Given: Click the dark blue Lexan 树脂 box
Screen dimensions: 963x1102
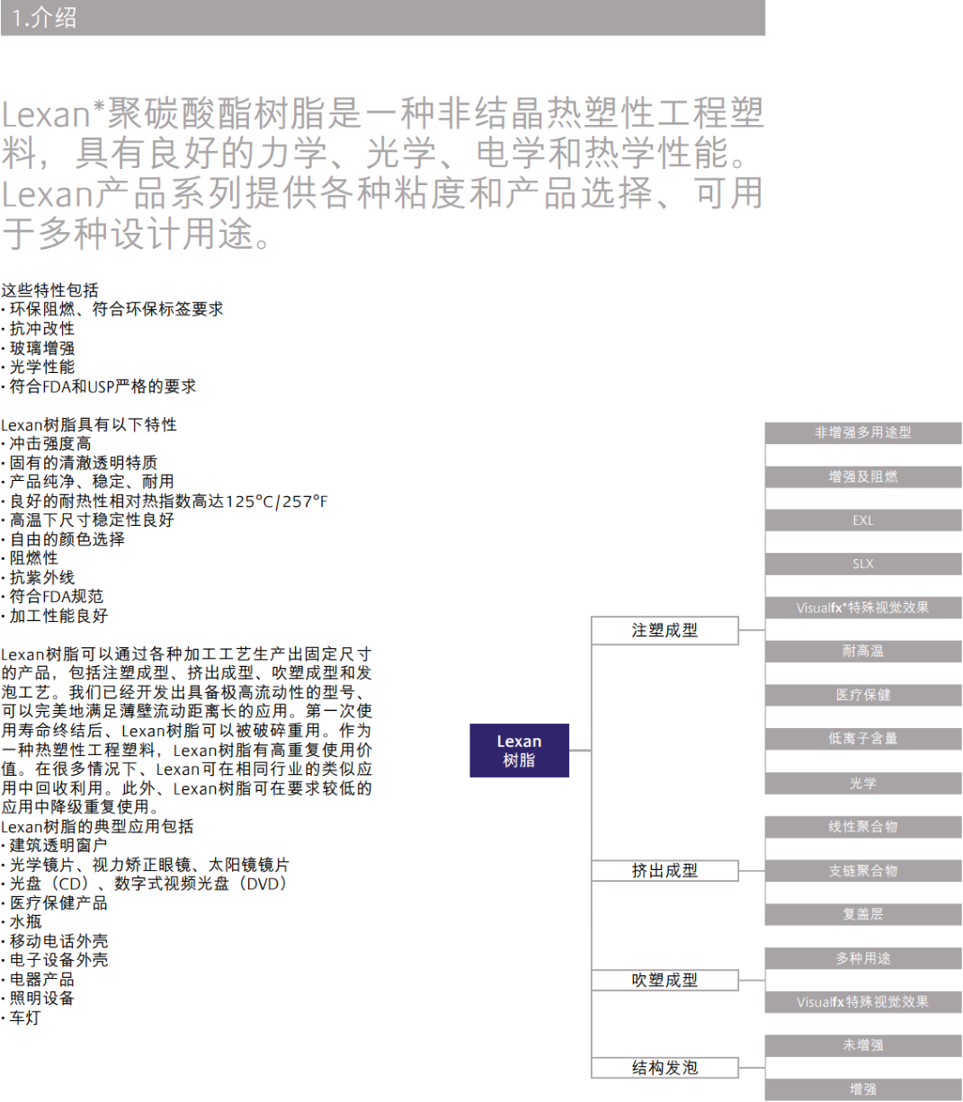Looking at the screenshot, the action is (x=519, y=750).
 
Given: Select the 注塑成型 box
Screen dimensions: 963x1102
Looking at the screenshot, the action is (x=664, y=630).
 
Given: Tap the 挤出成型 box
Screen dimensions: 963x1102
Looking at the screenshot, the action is (x=664, y=870).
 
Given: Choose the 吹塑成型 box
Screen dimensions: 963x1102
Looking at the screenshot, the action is (x=664, y=980).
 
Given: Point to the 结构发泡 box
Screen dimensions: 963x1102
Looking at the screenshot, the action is (x=664, y=1068).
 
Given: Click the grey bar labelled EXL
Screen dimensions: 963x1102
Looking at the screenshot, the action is (x=863, y=520).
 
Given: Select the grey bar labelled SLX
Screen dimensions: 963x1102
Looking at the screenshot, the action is (x=863, y=564).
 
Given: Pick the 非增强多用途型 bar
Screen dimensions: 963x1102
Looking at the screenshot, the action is (x=863, y=432).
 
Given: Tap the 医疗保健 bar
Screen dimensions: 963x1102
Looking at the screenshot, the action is (x=863, y=695).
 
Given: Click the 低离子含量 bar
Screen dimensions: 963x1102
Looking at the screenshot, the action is (x=863, y=739).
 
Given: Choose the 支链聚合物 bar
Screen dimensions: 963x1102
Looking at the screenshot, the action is (x=863, y=870).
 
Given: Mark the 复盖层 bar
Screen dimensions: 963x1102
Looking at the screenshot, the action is (x=863, y=914).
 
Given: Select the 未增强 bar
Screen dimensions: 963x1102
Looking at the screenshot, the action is (x=863, y=1045).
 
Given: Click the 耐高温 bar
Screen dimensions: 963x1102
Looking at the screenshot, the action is (x=863, y=651).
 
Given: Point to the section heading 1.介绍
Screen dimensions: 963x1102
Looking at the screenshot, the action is (x=44, y=18).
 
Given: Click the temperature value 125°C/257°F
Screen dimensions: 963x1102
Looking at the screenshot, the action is (x=276, y=502).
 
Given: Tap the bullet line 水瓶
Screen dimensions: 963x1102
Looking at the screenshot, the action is (x=22, y=921).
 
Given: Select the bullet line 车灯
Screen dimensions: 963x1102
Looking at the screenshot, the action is (x=22, y=1018).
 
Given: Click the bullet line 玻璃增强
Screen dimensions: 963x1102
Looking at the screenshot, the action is (x=39, y=348).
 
